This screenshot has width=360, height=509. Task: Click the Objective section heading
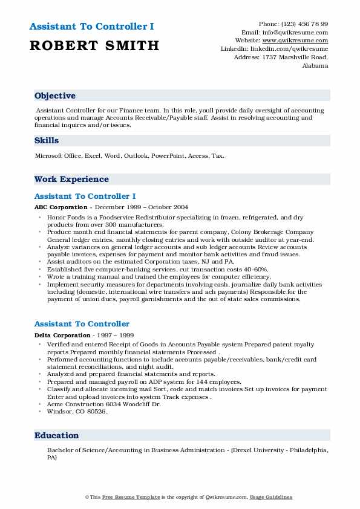tap(55, 96)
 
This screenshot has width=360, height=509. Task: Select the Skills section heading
tap(47, 141)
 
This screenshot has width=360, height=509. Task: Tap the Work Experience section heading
tap(71, 180)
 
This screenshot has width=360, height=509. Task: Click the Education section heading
tap(57, 436)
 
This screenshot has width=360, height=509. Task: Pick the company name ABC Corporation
tap(61, 207)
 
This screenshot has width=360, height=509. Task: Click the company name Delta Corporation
tap(62, 335)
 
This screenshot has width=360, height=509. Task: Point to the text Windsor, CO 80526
tap(77, 412)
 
